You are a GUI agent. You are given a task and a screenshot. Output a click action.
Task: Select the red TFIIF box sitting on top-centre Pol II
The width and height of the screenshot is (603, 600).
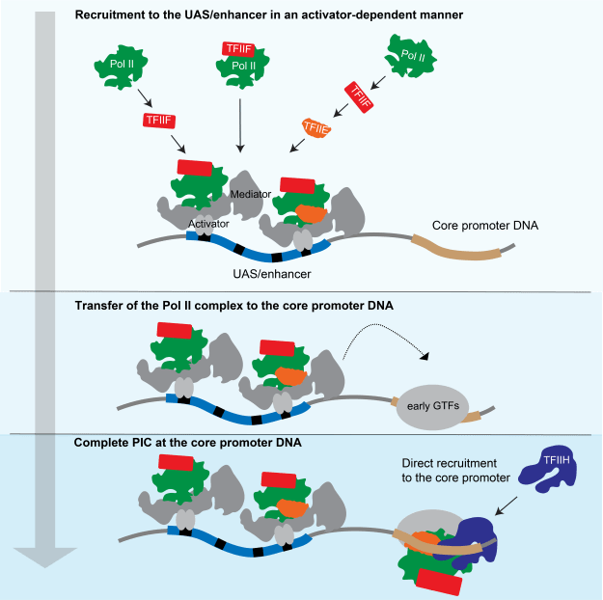238,48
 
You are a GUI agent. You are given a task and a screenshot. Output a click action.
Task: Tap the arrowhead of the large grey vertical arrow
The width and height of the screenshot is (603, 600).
44,558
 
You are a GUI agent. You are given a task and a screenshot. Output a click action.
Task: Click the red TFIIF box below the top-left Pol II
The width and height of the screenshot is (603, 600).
157,120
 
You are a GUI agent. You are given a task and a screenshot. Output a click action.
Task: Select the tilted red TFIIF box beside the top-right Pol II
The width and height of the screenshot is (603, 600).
359,97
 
